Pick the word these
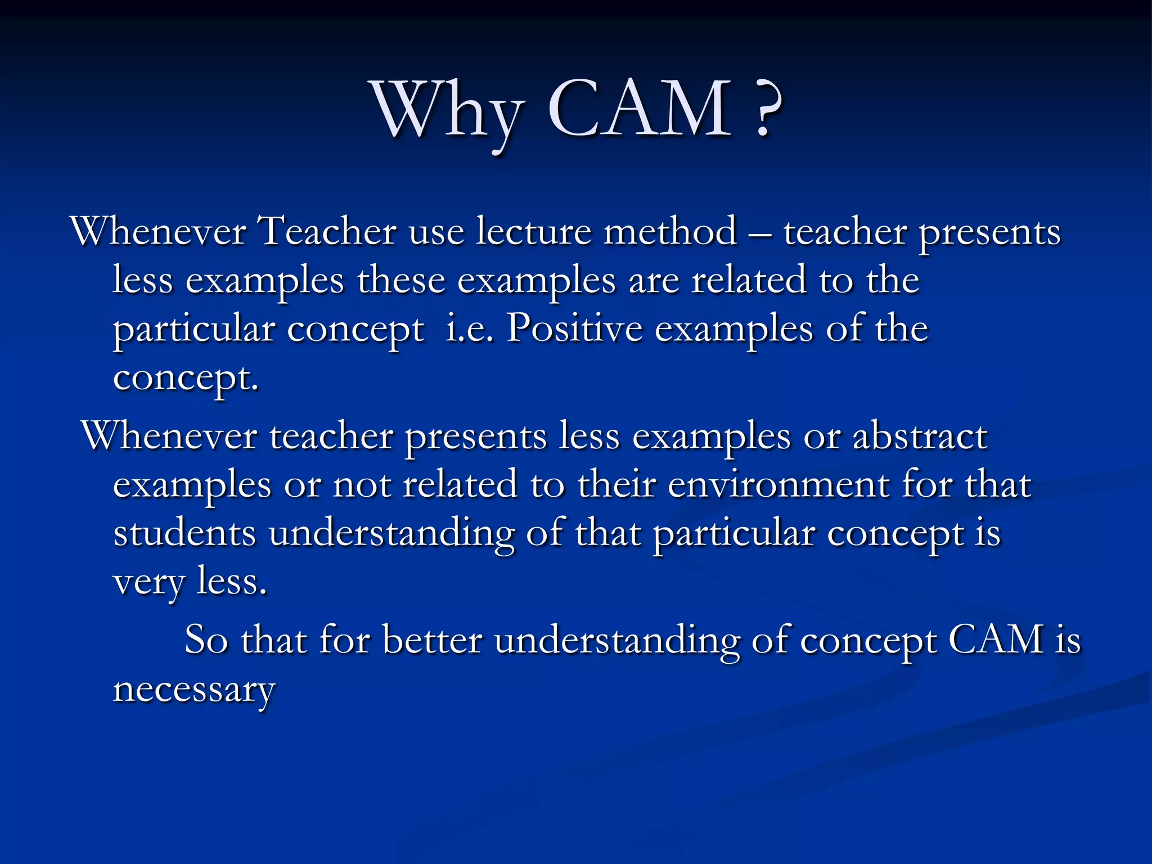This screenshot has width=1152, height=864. pyautogui.click(x=401, y=280)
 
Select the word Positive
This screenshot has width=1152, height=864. pyautogui.click(x=574, y=328)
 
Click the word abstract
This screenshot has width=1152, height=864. pyautogui.click(x=920, y=436)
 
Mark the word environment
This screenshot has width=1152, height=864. pyautogui.click(x=778, y=484)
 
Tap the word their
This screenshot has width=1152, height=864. pyautogui.click(x=616, y=484)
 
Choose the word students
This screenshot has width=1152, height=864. pyautogui.click(x=184, y=533)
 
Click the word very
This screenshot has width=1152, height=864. pyautogui.click(x=148, y=582)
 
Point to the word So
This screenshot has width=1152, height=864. pyautogui.click(x=206, y=640)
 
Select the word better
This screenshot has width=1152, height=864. pyautogui.click(x=432, y=640)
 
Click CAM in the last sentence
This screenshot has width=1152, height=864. pyautogui.click(x=996, y=640)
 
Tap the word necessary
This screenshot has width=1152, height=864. pyautogui.click(x=194, y=690)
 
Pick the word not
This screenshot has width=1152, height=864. pyautogui.click(x=362, y=484)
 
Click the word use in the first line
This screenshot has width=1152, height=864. pyautogui.click(x=436, y=232)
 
